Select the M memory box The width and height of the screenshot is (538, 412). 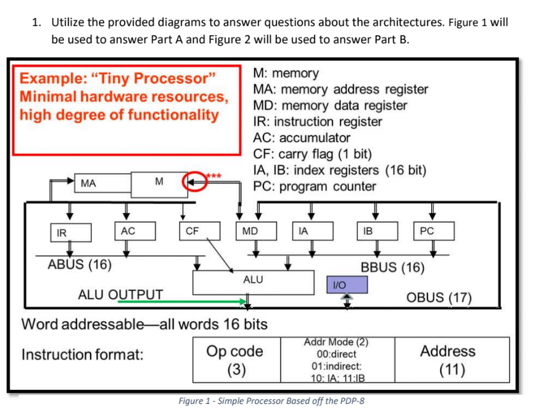[159, 181]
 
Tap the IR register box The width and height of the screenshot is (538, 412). [70, 233]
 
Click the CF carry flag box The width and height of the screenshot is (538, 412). [193, 231]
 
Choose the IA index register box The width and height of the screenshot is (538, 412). [312, 231]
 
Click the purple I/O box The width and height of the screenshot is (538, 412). [346, 284]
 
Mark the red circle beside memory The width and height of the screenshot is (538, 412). [194, 182]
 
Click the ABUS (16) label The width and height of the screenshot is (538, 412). [80, 265]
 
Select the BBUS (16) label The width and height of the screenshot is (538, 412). [392, 267]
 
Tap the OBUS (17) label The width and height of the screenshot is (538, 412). [439, 296]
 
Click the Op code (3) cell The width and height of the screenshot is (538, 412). [235, 360]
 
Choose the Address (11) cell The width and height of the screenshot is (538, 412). [447, 360]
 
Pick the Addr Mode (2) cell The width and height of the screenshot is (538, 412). [336, 361]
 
